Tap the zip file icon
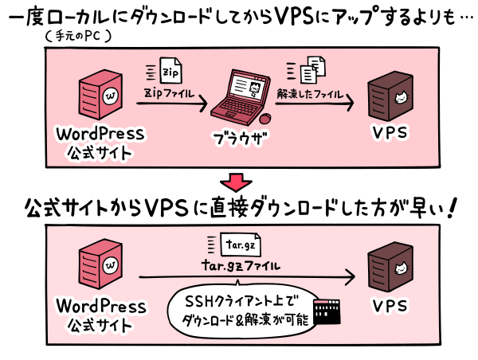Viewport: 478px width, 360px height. tap(170, 71)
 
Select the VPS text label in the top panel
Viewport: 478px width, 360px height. tap(390, 133)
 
